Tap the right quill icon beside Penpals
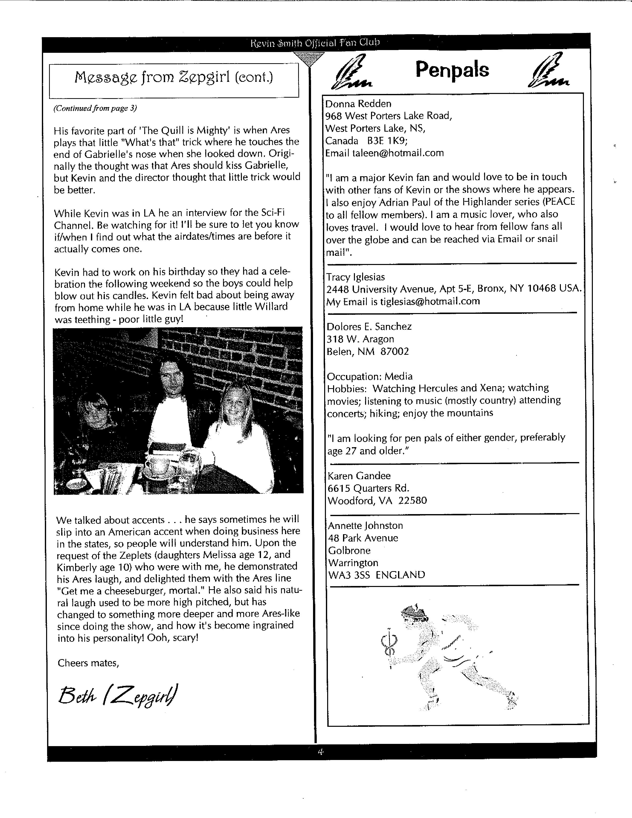[548, 71]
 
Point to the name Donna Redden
[358, 104]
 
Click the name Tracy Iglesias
[356, 277]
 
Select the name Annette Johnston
[365, 526]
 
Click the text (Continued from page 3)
[95, 108]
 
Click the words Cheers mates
[88, 663]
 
